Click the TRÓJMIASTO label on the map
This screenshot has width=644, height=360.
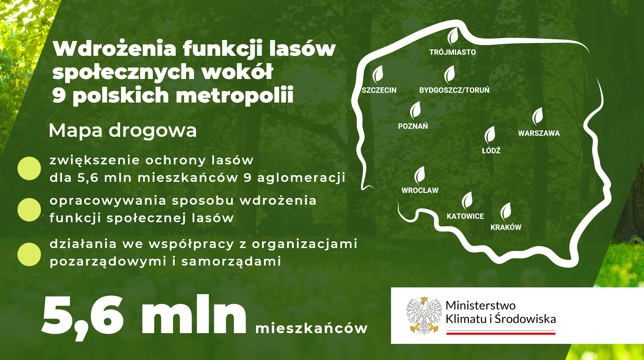[453, 52]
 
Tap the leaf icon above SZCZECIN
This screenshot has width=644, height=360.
[378, 74]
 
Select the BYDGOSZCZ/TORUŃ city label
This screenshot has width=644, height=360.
[454, 90]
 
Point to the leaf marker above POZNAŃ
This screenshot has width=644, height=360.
[416, 110]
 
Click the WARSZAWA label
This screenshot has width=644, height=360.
[539, 133]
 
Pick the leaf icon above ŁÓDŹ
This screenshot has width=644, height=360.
[490, 135]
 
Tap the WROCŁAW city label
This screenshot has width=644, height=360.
[420, 190]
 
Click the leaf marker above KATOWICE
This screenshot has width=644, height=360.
[467, 200]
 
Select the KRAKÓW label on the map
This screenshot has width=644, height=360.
[506, 227]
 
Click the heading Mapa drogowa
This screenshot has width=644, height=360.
[123, 131]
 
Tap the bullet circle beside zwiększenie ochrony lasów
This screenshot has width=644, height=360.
[29, 168]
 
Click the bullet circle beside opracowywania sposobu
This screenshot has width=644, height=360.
[29, 210]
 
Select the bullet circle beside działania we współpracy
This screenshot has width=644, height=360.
[29, 254]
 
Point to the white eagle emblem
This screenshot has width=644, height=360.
[424, 315]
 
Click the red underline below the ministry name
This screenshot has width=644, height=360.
[501, 333]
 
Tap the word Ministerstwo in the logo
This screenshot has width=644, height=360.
[480, 305]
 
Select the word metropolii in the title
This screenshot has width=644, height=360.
[235, 95]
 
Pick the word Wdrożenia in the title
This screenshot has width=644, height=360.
[115, 48]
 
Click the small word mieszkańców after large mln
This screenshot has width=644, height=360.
[311, 328]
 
